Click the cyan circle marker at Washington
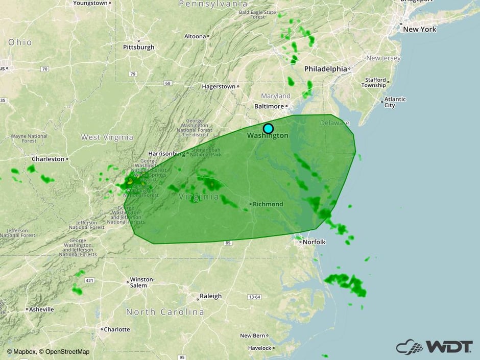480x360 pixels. (x=268, y=128)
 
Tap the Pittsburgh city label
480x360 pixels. (x=138, y=47)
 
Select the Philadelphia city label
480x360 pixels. (x=326, y=68)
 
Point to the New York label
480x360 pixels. (x=419, y=29)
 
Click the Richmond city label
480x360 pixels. (x=267, y=204)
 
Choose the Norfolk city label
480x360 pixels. (x=314, y=242)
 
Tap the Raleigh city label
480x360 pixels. (x=210, y=296)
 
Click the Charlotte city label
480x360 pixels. (x=117, y=329)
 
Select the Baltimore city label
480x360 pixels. (x=269, y=106)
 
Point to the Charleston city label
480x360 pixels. (x=49, y=159)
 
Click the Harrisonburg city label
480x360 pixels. (x=166, y=153)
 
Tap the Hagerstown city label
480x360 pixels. (x=219, y=86)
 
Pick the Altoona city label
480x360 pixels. (x=196, y=36)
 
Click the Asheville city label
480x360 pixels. (x=41, y=309)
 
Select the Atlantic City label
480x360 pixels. (x=396, y=102)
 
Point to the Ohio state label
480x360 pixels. (x=19, y=42)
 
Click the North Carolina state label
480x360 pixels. (x=165, y=311)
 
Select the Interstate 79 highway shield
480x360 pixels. (x=133, y=74)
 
